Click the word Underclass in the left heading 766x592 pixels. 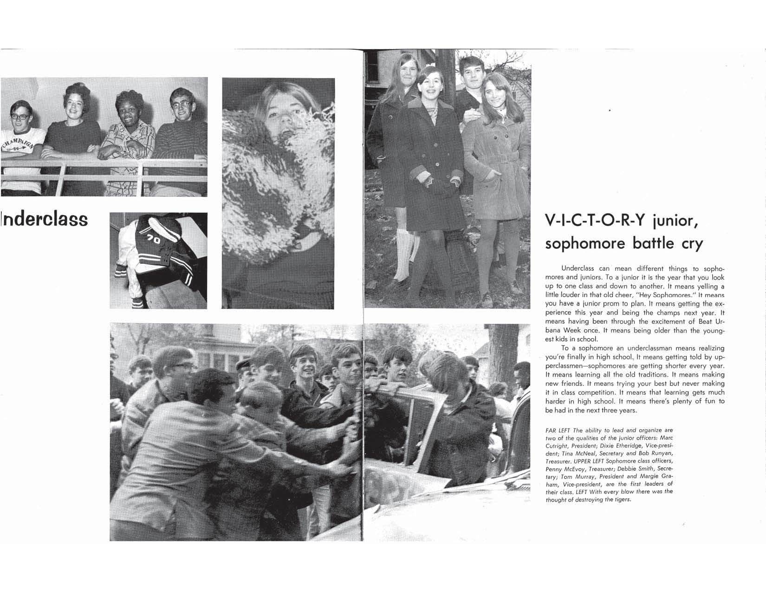tap(44, 219)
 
